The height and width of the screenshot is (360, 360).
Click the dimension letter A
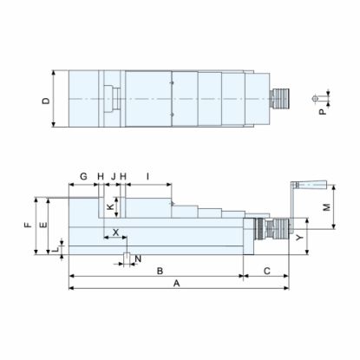176,283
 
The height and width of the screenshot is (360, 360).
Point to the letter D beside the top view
46,101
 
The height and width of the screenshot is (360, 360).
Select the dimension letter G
83,176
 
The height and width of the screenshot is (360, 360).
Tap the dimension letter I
148,176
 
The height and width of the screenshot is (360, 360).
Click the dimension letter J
113,176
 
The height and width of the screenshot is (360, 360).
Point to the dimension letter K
109,208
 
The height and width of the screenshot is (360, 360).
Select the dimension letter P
321,111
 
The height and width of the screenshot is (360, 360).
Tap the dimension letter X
115,232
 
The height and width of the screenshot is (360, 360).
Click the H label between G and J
101,176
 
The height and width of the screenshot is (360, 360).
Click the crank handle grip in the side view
312,185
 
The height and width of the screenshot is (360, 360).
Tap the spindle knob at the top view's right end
280,99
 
